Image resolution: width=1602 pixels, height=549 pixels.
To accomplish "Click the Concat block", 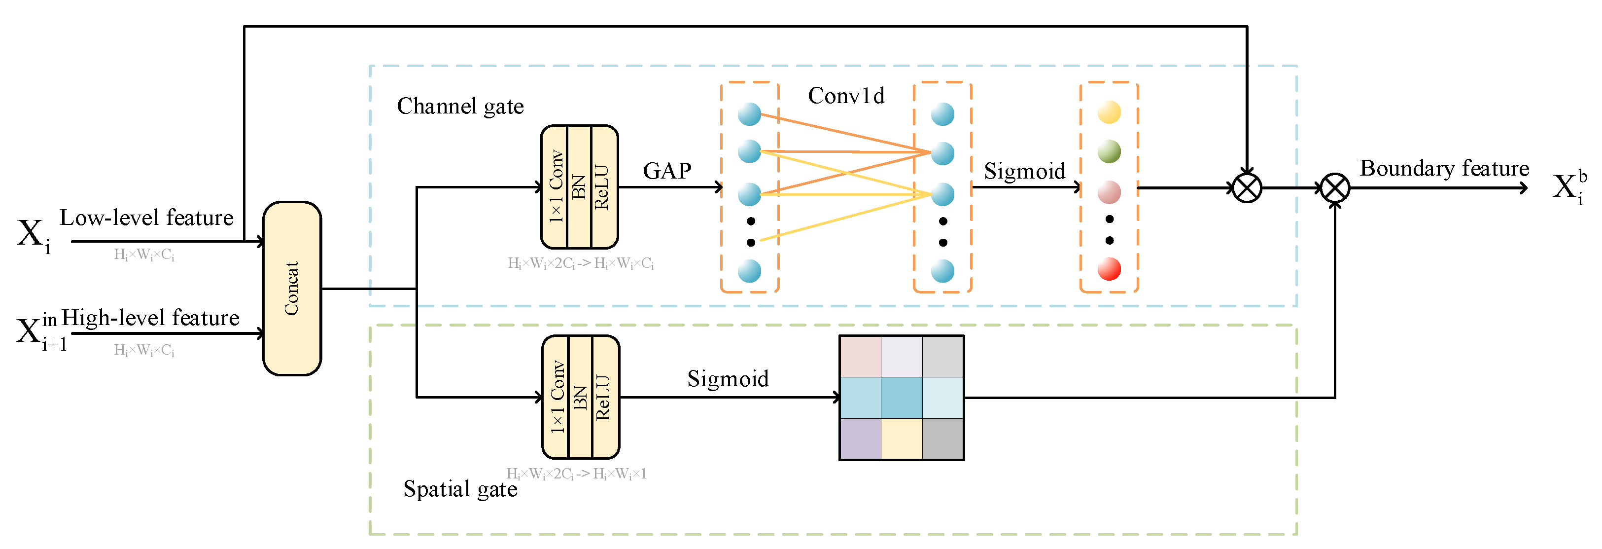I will click(x=292, y=288).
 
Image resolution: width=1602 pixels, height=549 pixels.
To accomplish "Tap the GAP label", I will click(x=666, y=171).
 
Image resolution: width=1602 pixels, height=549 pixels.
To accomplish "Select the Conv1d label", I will click(x=846, y=96).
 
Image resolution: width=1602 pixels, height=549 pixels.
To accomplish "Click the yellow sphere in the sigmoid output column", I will click(x=1109, y=112).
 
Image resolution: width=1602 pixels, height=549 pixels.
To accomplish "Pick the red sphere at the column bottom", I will click(x=1109, y=269).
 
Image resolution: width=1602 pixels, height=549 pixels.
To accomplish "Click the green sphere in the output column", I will click(x=1109, y=151).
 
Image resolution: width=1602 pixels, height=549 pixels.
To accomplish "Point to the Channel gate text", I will click(x=460, y=107).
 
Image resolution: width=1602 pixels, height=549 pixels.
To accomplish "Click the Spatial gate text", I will click(x=460, y=489).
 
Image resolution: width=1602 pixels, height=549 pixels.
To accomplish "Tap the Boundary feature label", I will click(x=1444, y=169).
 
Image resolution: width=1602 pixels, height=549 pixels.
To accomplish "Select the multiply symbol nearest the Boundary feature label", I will click(x=1334, y=188).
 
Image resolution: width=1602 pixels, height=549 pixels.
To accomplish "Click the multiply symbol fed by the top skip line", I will click(x=1246, y=188).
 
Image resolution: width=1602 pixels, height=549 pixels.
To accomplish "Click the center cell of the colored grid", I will click(x=901, y=398).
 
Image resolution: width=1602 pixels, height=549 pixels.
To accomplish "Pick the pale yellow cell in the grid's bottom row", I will click(x=901, y=439).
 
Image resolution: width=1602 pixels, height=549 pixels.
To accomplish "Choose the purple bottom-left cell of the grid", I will click(x=860, y=439).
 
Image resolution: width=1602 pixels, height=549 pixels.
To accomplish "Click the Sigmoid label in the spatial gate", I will click(x=728, y=379).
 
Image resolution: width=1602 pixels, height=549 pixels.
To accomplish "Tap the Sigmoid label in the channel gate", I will click(x=1024, y=171).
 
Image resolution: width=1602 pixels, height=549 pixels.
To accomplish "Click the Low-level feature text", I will click(x=147, y=218).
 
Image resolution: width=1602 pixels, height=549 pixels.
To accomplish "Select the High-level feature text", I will click(x=150, y=318).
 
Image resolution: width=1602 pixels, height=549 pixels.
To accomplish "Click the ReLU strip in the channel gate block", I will click(x=602, y=187).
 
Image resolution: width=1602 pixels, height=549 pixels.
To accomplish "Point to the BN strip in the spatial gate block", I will click(x=580, y=397).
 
